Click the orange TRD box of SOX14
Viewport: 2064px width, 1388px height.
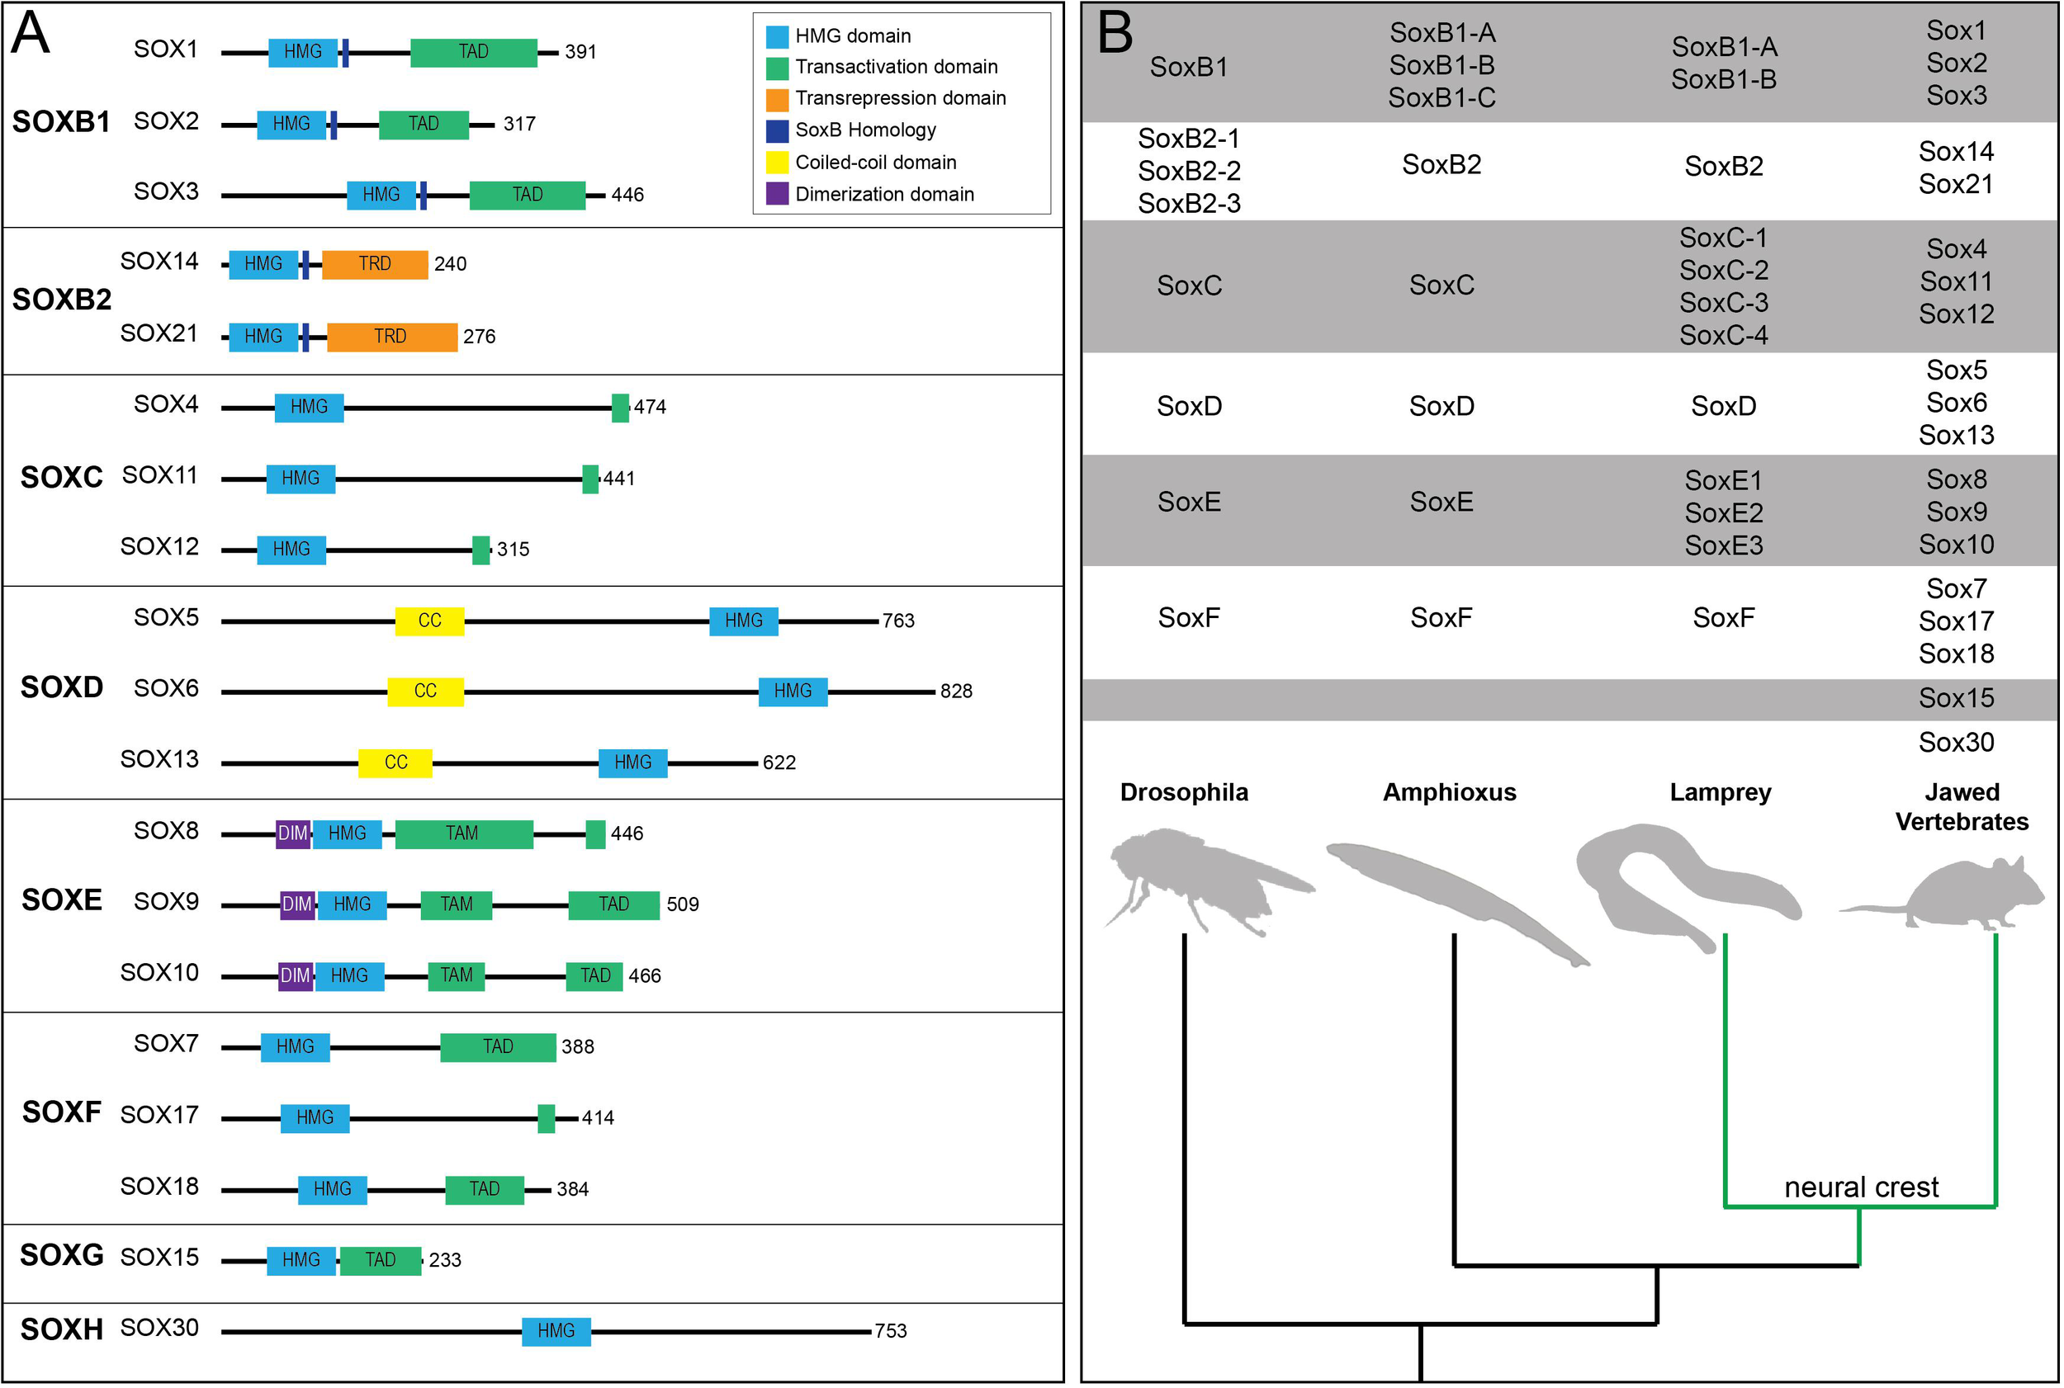375,265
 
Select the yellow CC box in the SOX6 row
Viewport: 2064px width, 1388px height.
425,692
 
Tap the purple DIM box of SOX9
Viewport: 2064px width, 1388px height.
296,904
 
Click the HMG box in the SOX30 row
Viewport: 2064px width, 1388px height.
556,1331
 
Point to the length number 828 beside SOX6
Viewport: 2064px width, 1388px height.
956,692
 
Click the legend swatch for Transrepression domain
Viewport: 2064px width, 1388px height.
777,99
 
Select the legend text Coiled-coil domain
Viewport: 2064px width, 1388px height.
876,163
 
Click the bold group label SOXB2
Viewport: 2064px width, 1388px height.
61,300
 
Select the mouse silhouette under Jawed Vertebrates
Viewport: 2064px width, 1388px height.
1962,894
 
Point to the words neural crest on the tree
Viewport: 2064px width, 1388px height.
1860,1187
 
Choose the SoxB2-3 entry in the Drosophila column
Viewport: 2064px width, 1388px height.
1188,204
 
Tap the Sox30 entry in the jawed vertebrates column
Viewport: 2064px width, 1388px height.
1956,743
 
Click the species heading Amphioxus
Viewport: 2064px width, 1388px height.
1449,792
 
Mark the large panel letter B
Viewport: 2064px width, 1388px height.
1115,34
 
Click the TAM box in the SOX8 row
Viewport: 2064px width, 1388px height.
463,833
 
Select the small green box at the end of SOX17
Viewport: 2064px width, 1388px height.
547,1119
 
